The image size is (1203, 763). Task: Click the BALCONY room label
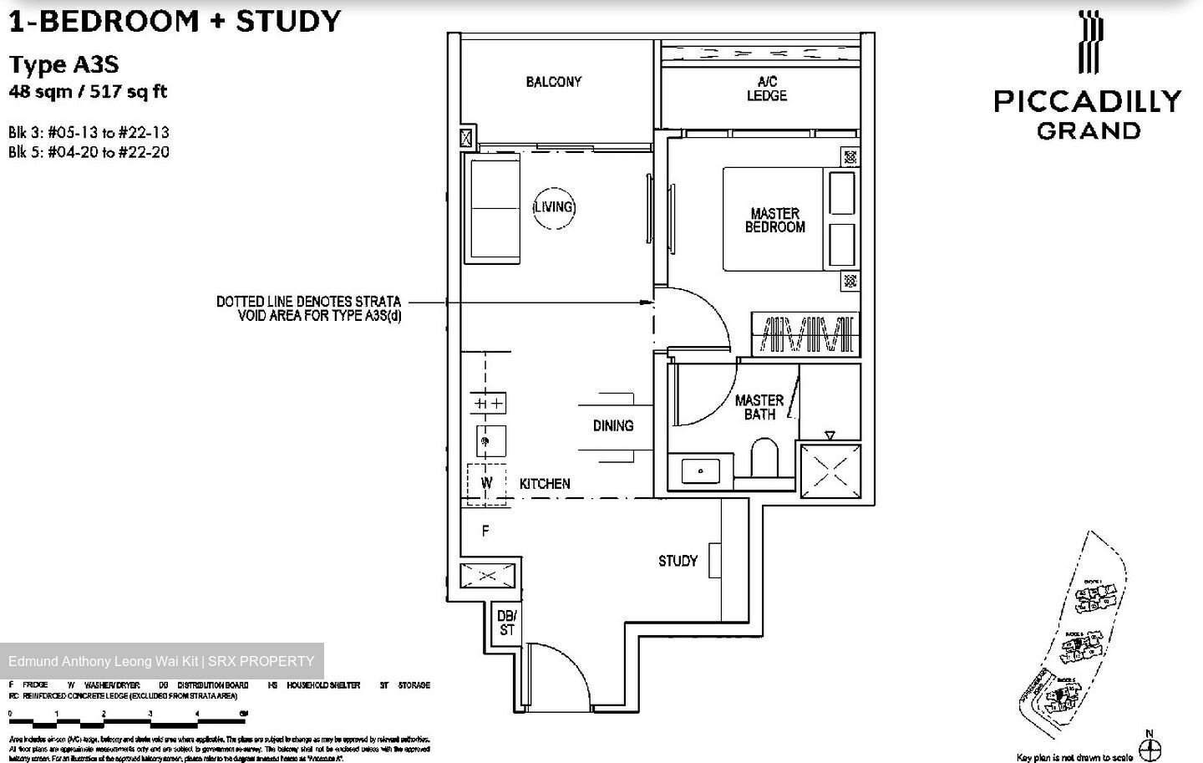click(x=553, y=82)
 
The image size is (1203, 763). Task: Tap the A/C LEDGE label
click(x=766, y=89)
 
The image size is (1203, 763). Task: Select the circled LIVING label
click(x=553, y=206)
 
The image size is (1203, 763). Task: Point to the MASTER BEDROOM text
click(x=774, y=220)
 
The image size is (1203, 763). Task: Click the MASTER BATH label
click(x=759, y=407)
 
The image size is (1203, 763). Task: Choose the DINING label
click(x=613, y=425)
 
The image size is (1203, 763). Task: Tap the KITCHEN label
click(x=545, y=484)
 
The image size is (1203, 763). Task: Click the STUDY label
click(x=678, y=561)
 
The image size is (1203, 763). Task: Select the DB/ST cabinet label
click(x=506, y=623)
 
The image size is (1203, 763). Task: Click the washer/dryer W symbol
click(x=487, y=483)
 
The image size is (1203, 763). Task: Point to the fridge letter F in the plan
click(x=485, y=531)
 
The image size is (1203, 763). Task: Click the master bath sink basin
click(x=701, y=471)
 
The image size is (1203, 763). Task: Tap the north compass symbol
click(x=1150, y=746)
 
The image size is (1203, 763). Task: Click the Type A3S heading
click(x=63, y=64)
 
